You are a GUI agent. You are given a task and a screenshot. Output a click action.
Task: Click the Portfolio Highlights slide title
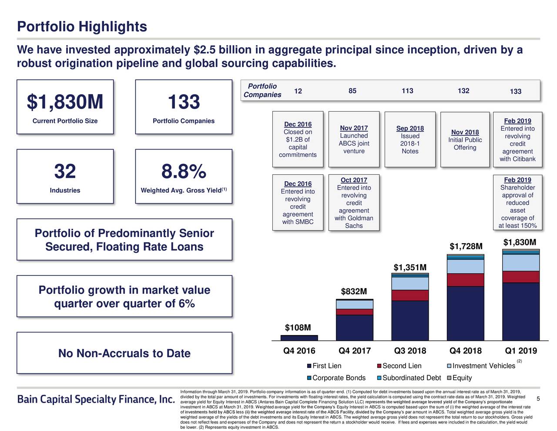82,27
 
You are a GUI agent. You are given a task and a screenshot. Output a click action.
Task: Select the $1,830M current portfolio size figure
65,102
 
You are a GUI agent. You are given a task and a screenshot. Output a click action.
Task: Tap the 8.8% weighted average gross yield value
184,172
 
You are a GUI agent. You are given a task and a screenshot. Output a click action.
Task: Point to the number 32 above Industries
65,172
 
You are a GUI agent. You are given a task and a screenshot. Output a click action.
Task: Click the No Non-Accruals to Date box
124,353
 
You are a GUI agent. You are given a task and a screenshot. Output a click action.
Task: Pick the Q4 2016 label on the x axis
299,351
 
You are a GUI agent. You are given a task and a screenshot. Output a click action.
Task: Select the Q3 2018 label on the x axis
410,351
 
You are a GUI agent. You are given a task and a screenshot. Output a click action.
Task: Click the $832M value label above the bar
354,291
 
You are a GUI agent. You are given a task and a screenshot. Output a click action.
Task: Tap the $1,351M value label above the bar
410,267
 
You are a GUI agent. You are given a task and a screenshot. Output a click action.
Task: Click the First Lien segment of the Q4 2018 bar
465,313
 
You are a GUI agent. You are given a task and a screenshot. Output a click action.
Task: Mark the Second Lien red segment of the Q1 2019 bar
521,277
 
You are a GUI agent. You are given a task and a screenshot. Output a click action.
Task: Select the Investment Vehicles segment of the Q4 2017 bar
355,304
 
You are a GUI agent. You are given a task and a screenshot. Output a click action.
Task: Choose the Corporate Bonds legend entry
336,378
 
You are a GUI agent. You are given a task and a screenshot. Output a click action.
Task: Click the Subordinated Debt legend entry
409,378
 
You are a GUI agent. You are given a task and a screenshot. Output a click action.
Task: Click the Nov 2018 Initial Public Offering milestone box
465,139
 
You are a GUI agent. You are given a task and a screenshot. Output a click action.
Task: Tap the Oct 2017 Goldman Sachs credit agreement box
354,203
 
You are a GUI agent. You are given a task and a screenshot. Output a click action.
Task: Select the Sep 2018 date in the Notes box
410,128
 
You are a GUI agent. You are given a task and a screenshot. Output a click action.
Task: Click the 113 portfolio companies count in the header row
407,91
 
